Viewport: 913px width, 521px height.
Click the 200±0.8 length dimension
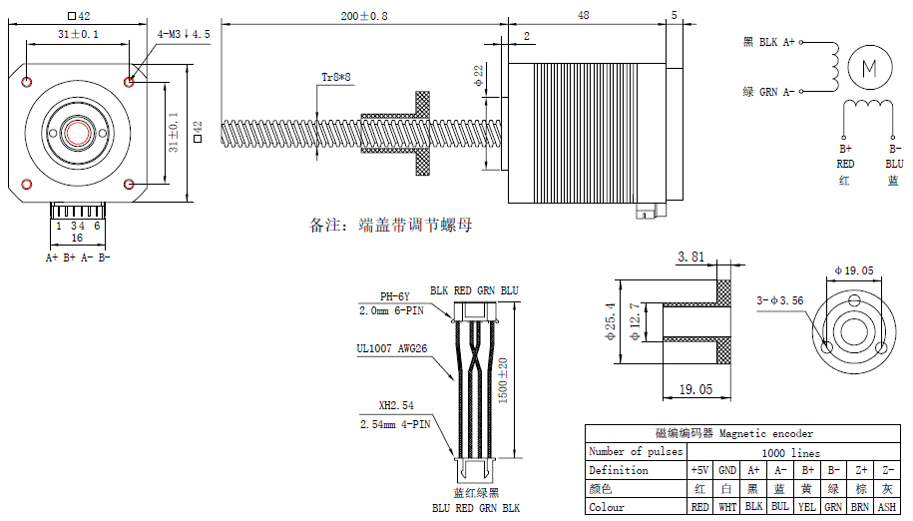364,16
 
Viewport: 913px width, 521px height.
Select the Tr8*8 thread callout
335,76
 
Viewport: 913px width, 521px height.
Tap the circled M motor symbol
866,68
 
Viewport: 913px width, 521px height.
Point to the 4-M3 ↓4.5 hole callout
184,34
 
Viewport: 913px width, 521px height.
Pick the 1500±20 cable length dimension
503,379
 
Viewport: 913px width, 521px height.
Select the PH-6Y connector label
395,296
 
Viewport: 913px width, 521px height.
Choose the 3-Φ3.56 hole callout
779,299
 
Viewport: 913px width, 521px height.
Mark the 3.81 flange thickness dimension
692,257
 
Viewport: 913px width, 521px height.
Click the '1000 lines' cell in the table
791,452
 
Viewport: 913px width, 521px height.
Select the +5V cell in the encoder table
700,470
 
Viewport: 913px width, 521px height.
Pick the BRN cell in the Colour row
860,507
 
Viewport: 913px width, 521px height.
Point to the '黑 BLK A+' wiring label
769,42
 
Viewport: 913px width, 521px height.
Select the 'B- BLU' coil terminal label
894,156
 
